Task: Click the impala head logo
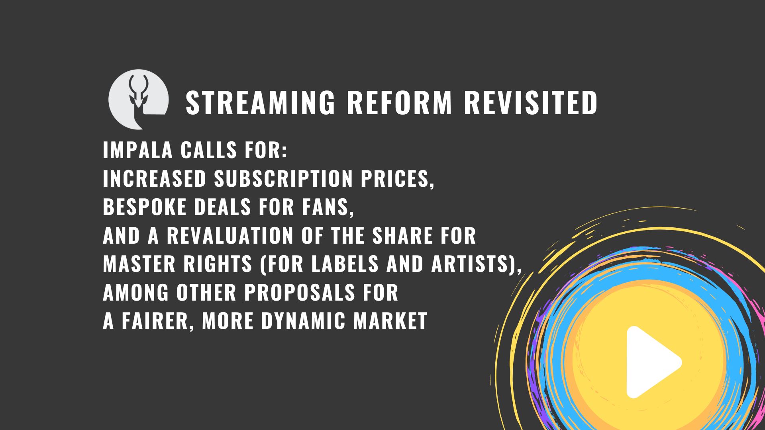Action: coord(138,100)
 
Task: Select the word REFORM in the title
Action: coord(399,103)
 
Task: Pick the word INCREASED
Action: coord(155,179)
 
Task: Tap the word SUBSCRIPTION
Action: coord(284,179)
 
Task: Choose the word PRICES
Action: coord(394,179)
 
